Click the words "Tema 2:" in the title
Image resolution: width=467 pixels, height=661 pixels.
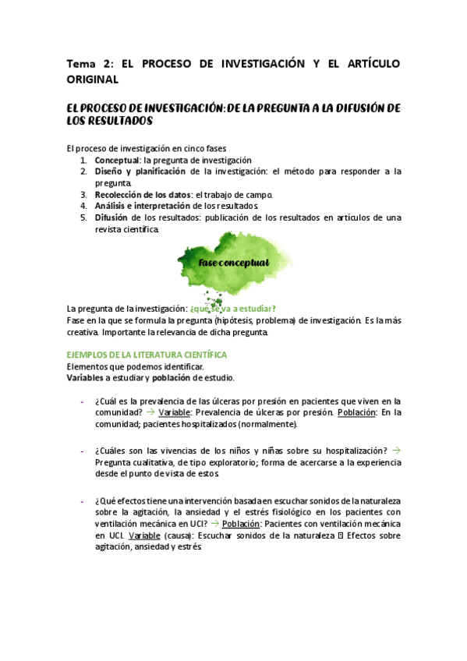[x=88, y=64]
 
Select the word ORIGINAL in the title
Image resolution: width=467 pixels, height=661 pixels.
[x=92, y=80]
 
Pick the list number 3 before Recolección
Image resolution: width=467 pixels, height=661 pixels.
[x=83, y=194]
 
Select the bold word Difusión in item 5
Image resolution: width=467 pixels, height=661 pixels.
[x=111, y=217]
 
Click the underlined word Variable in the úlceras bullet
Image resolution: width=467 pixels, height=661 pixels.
[x=174, y=412]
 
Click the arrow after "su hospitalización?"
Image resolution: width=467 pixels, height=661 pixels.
[x=395, y=451]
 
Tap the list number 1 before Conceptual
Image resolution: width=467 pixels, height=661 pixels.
[x=83, y=160]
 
